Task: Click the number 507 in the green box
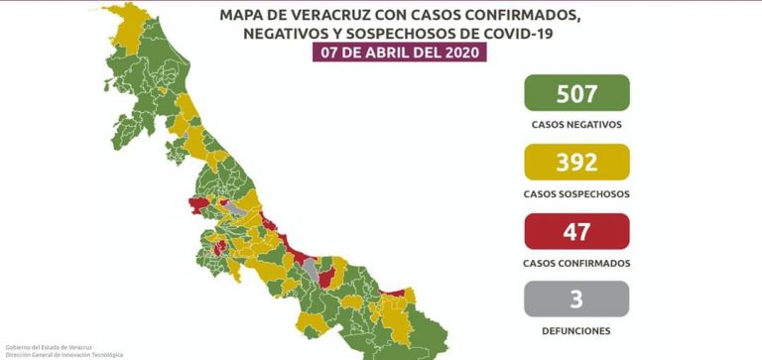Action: [x=576, y=94]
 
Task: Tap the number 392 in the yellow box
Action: [x=576, y=163]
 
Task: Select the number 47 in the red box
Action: [x=576, y=232]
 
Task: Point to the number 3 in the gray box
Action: [x=576, y=299]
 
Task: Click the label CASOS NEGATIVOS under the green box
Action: [x=576, y=125]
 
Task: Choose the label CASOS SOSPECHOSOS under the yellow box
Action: [x=576, y=194]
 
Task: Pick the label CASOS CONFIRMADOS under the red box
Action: [x=576, y=263]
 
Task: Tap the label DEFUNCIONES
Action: [x=576, y=330]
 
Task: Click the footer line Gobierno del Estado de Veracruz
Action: [x=38, y=346]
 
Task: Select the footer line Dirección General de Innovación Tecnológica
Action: [x=63, y=354]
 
